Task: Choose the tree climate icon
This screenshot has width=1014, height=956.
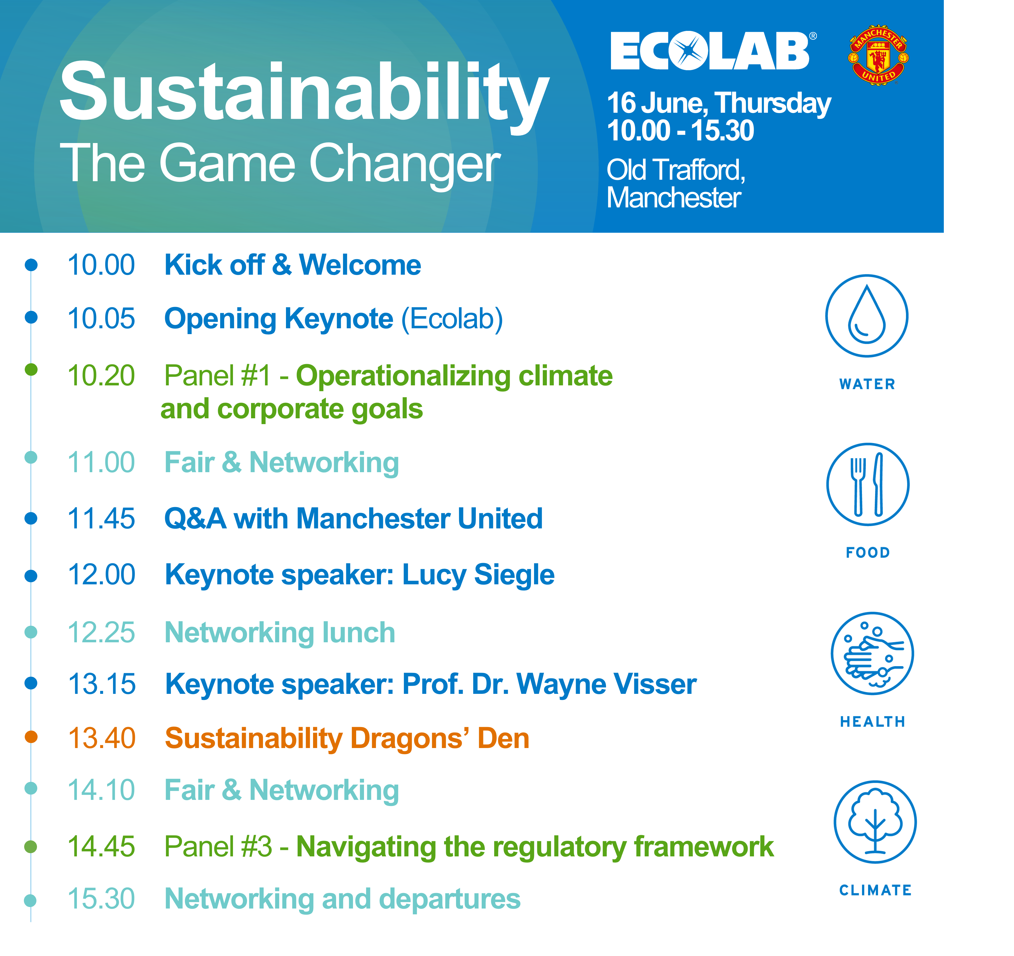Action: point(875,822)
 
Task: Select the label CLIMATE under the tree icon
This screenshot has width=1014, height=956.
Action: point(875,890)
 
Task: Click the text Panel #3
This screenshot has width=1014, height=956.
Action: point(218,847)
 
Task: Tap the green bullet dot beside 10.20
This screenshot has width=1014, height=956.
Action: point(31,369)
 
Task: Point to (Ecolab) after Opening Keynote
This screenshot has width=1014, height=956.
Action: point(452,319)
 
